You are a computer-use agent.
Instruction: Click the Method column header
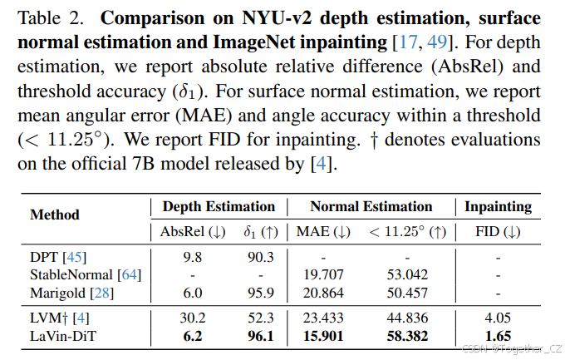pos(55,215)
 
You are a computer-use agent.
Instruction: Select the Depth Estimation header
pos(219,206)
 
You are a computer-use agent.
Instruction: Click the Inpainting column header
pos(498,206)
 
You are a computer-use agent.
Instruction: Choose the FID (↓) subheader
pos(498,232)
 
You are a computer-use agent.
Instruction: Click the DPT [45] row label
pos(58,258)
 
